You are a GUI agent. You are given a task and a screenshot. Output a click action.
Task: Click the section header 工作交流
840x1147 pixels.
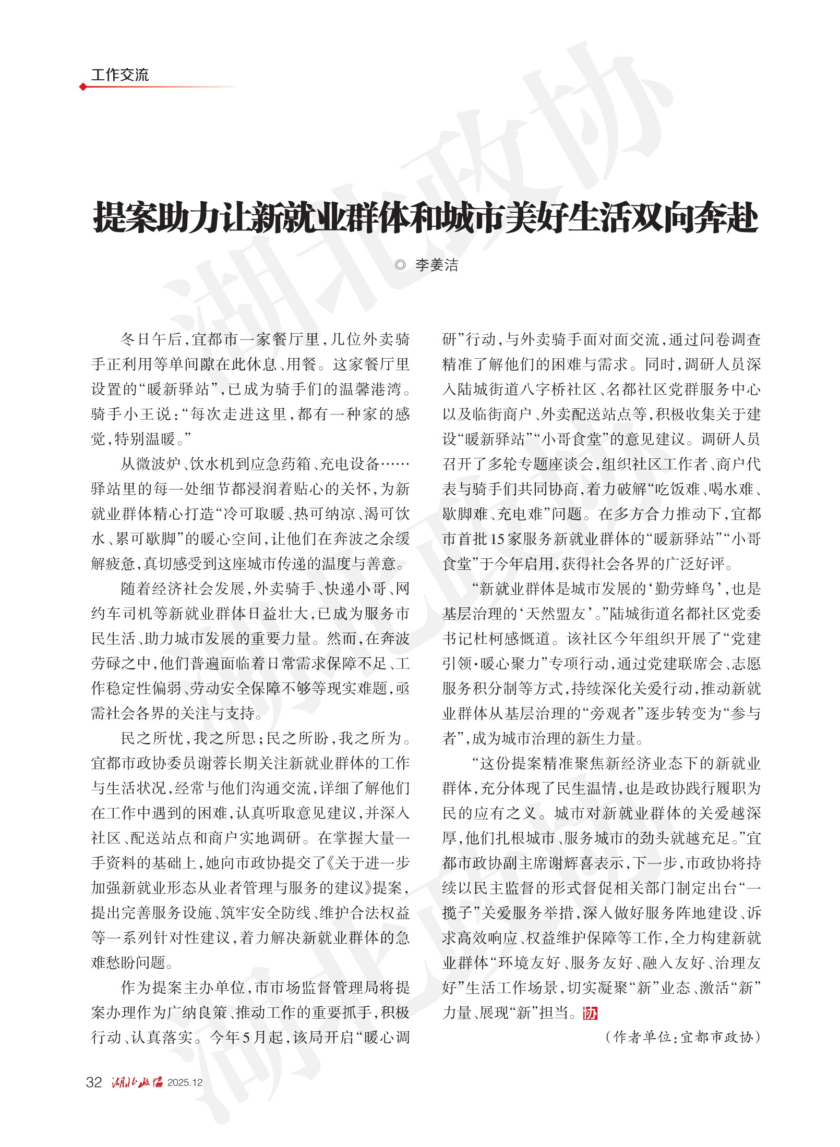[x=119, y=75]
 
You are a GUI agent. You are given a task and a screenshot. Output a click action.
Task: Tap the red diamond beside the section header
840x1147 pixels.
[x=83, y=87]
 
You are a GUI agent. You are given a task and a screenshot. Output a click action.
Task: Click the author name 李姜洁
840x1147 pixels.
[x=437, y=265]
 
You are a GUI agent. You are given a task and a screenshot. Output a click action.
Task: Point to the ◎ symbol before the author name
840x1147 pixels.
[x=400, y=265]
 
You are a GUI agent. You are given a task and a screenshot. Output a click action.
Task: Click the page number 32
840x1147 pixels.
[x=94, y=1082]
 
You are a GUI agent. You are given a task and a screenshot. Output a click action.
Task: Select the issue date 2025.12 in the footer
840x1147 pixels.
[x=185, y=1083]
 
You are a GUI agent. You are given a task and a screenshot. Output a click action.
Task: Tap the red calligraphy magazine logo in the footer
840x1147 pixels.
[x=137, y=1082]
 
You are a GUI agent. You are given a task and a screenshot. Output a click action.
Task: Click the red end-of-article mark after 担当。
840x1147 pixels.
[x=590, y=1013]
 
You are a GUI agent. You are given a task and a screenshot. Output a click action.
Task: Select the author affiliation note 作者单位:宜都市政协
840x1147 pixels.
[x=683, y=1037]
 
